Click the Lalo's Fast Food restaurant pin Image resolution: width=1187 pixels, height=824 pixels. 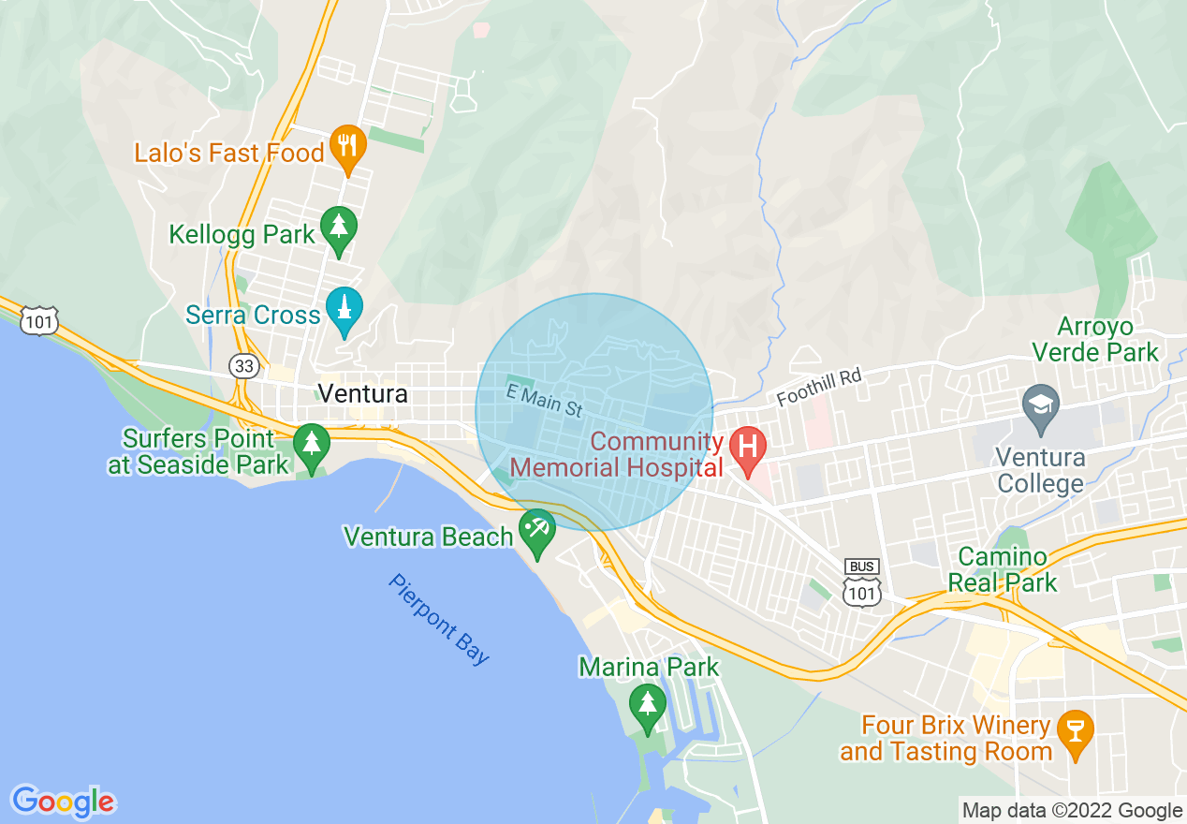[x=347, y=147]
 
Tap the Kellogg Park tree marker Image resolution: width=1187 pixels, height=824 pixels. [x=339, y=228]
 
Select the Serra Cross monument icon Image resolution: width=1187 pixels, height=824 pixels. [x=344, y=309]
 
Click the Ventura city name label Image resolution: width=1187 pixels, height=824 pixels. [x=363, y=393]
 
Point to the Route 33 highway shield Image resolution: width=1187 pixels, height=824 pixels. [x=244, y=366]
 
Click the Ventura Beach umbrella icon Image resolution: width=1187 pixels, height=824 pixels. [x=537, y=531]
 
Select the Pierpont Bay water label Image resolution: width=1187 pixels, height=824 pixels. [x=439, y=619]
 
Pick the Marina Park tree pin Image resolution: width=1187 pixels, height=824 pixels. [x=647, y=706]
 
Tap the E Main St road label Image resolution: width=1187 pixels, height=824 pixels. [x=544, y=400]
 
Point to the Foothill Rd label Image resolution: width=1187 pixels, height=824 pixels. [x=817, y=387]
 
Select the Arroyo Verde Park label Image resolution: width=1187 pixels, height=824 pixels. [x=1108, y=340]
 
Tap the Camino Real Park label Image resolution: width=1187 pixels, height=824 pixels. [x=1002, y=570]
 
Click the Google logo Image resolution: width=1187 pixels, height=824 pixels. [x=63, y=802]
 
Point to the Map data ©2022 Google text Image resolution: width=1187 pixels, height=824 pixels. [x=1073, y=810]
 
